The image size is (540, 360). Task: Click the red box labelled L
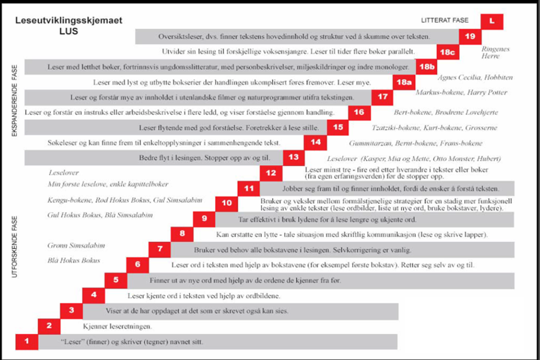(x=492, y=21)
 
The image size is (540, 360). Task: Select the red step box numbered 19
(x=470, y=37)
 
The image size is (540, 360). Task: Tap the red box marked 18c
(x=447, y=52)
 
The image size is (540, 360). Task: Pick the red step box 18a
(x=404, y=82)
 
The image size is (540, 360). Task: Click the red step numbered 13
(x=294, y=158)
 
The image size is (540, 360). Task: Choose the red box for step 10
(x=227, y=203)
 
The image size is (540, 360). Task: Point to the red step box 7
(x=160, y=249)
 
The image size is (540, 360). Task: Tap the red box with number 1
(x=27, y=341)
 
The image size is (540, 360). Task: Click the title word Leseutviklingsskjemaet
(x=69, y=21)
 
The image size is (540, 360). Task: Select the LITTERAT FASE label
(x=445, y=20)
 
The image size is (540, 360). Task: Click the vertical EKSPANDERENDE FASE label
(x=15, y=101)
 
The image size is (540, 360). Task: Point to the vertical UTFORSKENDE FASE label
(x=15, y=246)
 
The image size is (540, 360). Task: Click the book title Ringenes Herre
(x=495, y=52)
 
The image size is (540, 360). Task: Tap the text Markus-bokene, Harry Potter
(x=461, y=92)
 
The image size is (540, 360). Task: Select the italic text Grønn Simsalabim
(x=76, y=246)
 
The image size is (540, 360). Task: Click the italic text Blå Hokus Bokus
(x=74, y=261)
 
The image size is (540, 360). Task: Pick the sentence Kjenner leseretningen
(x=117, y=326)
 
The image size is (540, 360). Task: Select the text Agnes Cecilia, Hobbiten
(x=475, y=77)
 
